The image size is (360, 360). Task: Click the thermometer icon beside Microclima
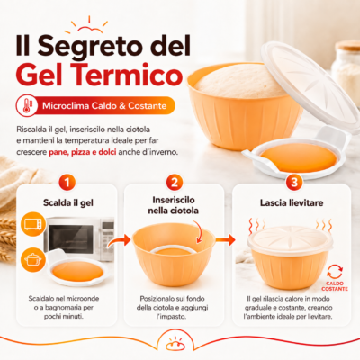[x=27, y=105]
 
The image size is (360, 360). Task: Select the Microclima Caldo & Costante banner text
[x=104, y=106]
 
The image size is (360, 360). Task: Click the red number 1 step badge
[x=67, y=183]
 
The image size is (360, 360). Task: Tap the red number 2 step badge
[x=175, y=183]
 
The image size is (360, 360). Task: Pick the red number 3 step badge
[x=294, y=183]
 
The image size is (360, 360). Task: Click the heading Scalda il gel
[x=68, y=202]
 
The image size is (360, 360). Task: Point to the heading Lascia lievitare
[x=292, y=202]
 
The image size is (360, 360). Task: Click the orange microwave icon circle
[x=33, y=224]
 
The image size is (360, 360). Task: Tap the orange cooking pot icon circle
[x=33, y=260]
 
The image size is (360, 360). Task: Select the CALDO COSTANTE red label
[x=335, y=286]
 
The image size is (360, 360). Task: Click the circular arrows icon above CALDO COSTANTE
[x=335, y=272]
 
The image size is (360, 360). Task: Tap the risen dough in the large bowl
[x=240, y=80]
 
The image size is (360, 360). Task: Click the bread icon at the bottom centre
[x=175, y=344]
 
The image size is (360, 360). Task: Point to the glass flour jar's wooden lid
[x=347, y=45]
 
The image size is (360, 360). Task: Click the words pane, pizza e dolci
[x=83, y=152]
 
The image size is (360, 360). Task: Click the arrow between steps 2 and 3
[x=226, y=239]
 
